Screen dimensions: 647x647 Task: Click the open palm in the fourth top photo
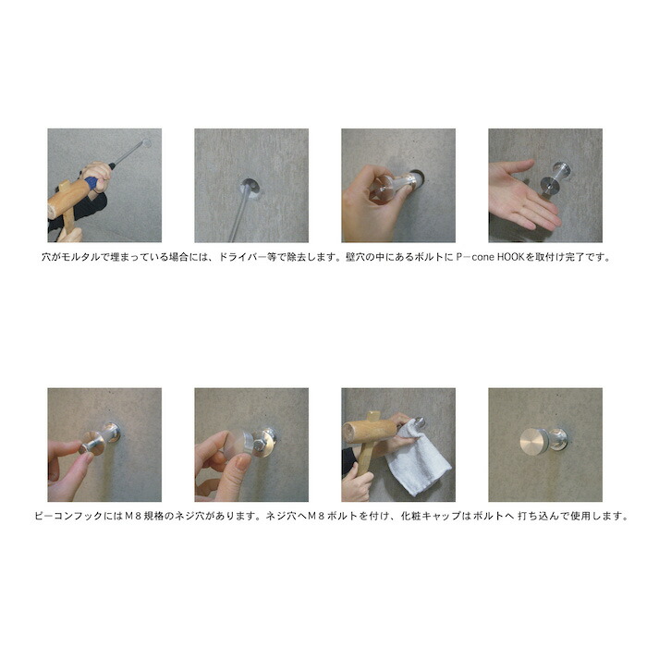point(522,201)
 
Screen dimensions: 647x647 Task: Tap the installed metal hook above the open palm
point(556,176)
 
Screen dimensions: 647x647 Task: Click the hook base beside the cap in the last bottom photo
point(557,440)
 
